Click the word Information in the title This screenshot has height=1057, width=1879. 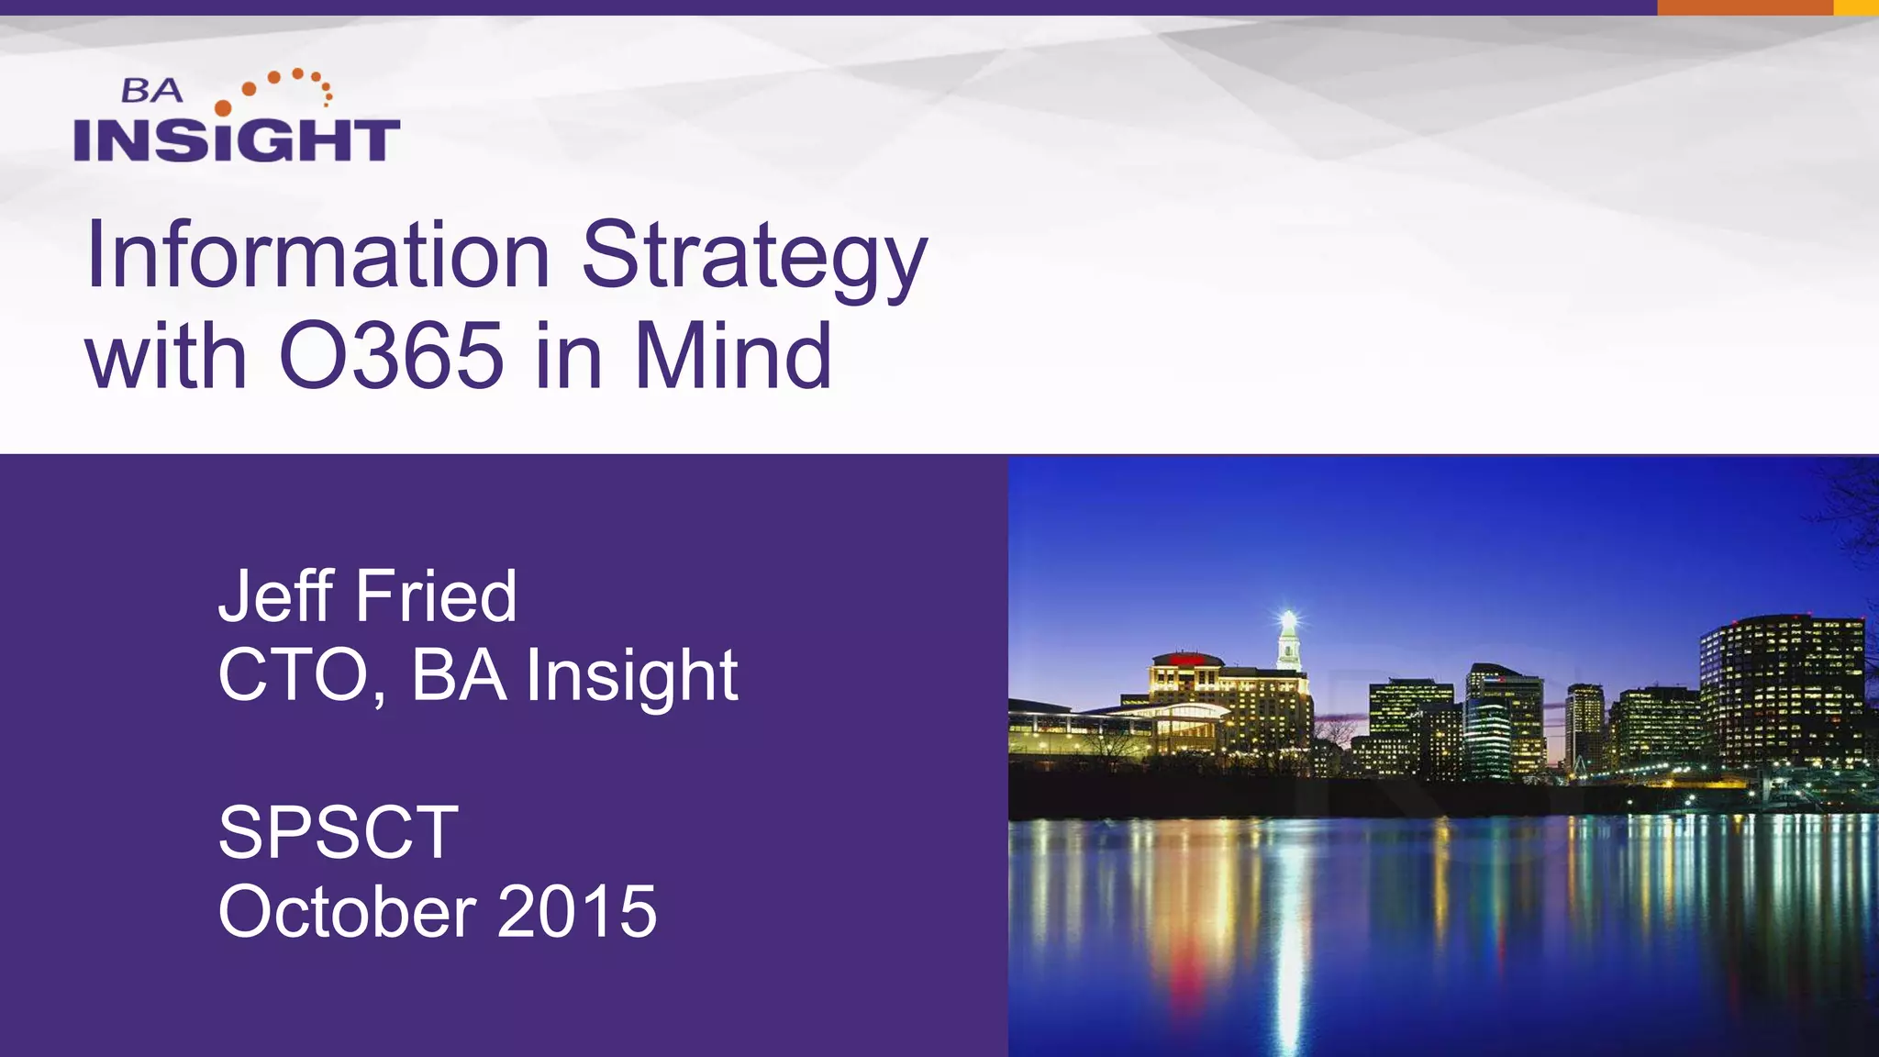coord(317,255)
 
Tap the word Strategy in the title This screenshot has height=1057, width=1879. coord(754,259)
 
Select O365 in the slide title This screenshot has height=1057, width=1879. coord(392,356)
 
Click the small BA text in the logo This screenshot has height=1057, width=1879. coord(152,91)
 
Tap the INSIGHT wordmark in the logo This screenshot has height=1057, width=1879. coord(237,140)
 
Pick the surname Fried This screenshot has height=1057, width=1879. coord(436,596)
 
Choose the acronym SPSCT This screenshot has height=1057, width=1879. coord(338,833)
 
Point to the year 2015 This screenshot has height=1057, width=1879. coord(577,912)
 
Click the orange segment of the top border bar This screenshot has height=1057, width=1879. coord(1744,7)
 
